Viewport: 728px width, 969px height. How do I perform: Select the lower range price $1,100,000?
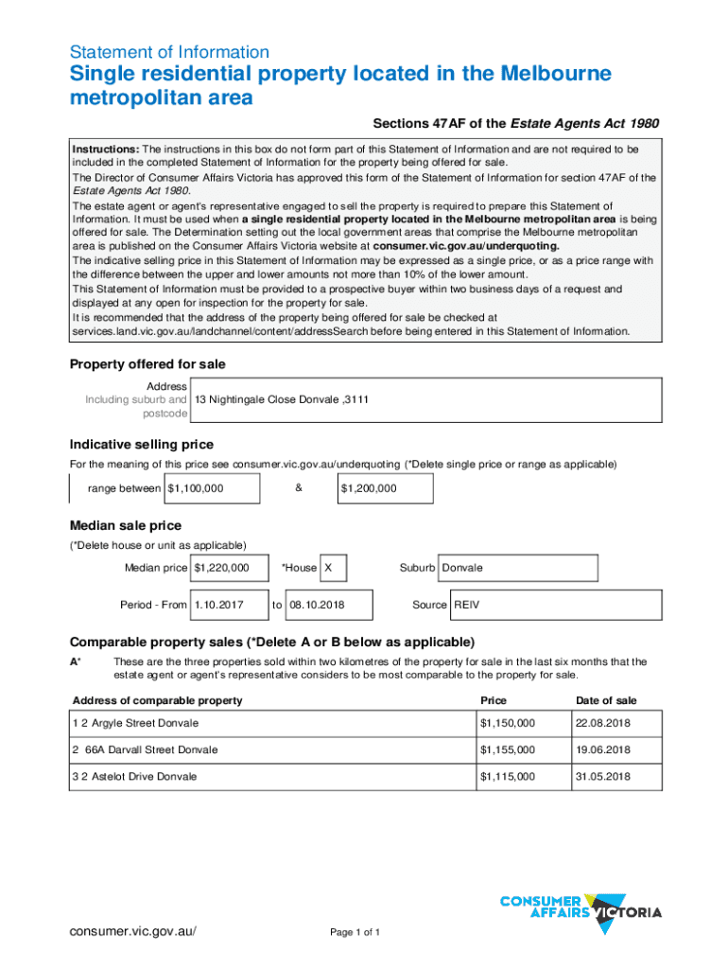click(x=212, y=488)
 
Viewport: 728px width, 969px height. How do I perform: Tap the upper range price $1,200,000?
click(x=386, y=488)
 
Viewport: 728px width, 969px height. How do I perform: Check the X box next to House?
click(x=333, y=568)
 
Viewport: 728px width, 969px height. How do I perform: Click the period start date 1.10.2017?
click(x=227, y=605)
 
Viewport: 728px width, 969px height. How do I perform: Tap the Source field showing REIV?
click(x=553, y=605)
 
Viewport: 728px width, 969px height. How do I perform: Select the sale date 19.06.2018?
click(x=602, y=749)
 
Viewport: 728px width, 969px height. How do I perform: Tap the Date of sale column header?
click(x=606, y=700)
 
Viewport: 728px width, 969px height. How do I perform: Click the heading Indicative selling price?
click(x=142, y=445)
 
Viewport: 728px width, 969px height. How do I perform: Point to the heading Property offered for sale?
click(x=147, y=364)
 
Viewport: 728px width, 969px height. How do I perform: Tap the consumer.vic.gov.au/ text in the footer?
click(x=132, y=931)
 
